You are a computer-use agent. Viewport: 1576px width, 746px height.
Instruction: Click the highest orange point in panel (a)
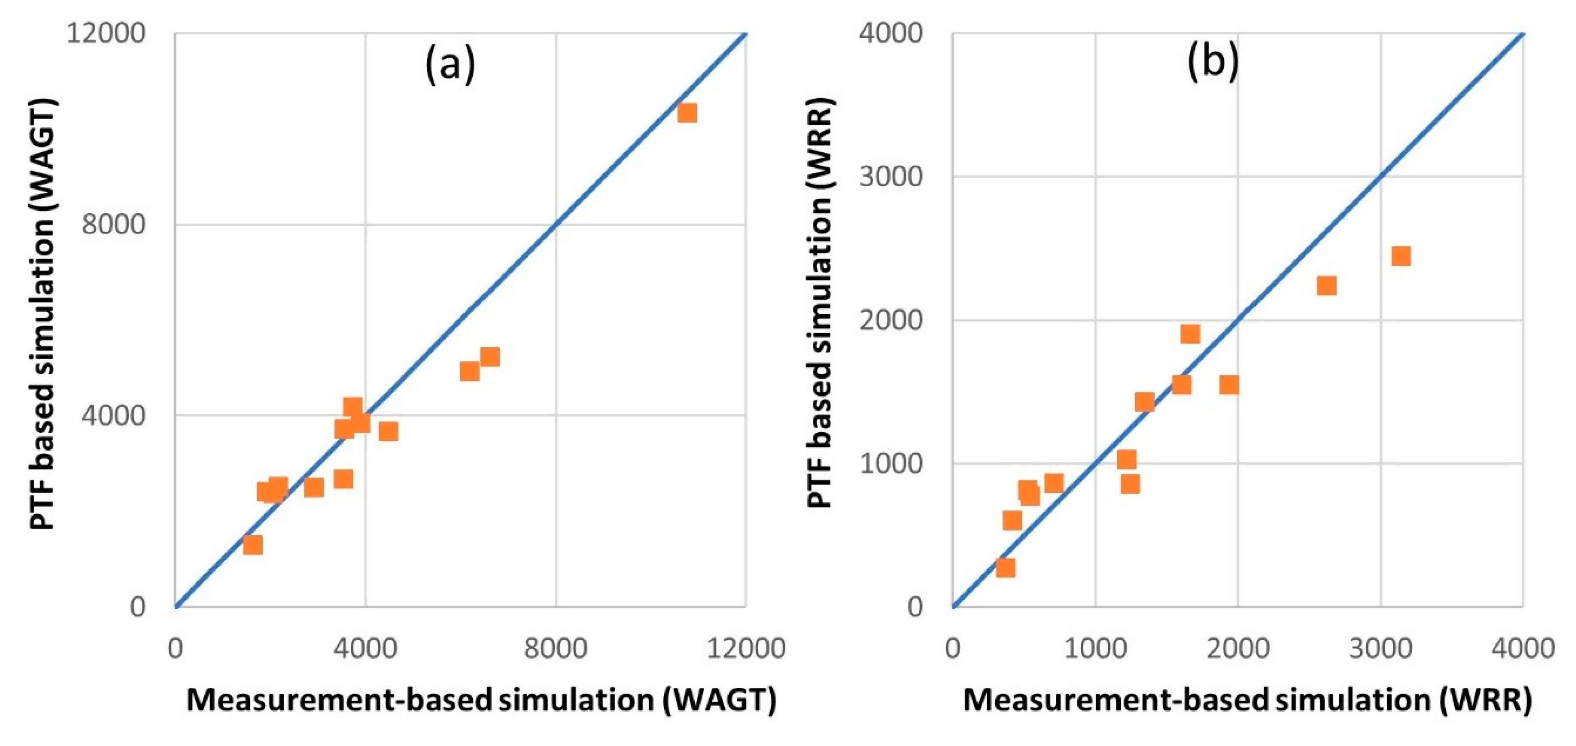click(x=687, y=113)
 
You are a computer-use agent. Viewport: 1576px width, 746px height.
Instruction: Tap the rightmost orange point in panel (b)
click(x=1401, y=256)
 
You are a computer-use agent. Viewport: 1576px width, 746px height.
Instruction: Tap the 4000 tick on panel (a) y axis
click(x=114, y=415)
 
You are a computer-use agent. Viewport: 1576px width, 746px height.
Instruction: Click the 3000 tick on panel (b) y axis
click(x=890, y=176)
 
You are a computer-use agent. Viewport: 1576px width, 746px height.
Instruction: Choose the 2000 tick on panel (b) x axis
click(x=1237, y=648)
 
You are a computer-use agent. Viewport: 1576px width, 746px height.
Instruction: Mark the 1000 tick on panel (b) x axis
click(x=1095, y=648)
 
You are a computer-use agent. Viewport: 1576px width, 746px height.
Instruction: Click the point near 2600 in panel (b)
click(x=1326, y=285)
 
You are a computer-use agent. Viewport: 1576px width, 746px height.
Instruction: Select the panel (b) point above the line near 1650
click(x=1190, y=334)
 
